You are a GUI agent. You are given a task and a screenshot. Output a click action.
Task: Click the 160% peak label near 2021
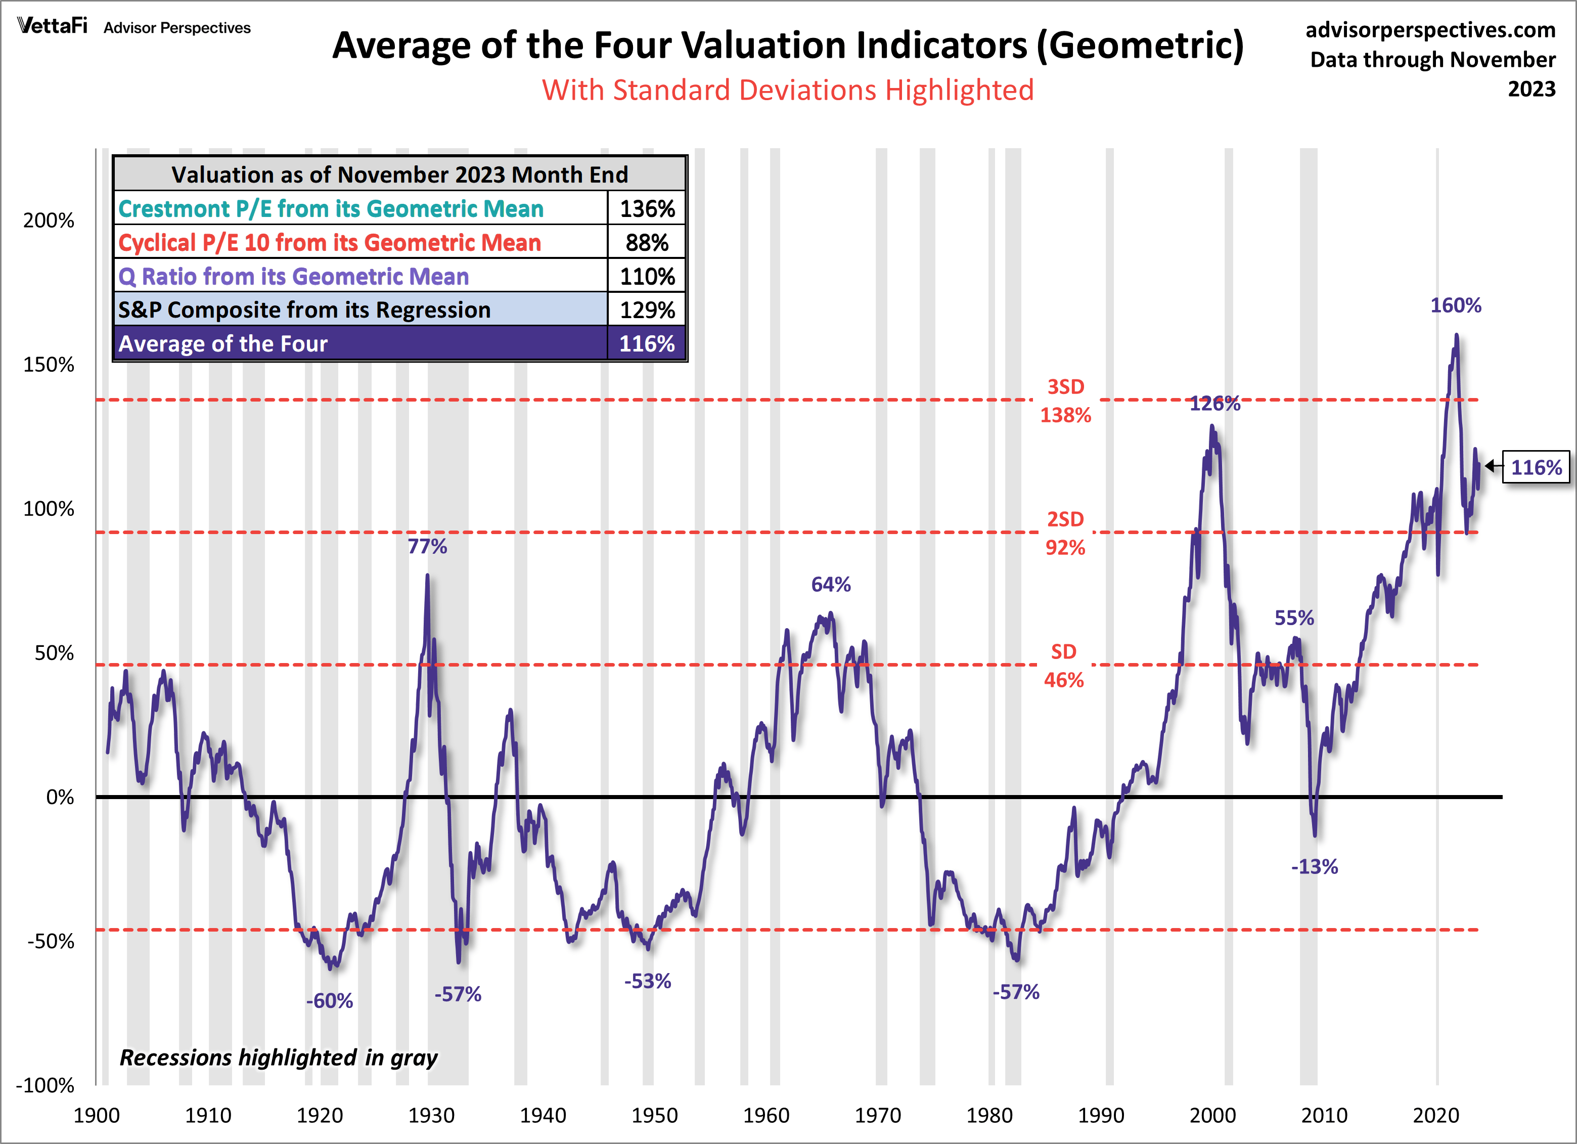click(1455, 305)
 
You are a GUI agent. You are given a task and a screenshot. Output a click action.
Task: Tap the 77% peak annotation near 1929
click(427, 547)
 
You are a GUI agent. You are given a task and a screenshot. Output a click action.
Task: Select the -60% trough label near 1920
click(330, 1001)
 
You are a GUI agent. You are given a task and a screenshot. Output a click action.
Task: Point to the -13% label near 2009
click(1314, 866)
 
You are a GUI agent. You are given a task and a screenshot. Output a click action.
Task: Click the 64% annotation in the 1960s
click(831, 584)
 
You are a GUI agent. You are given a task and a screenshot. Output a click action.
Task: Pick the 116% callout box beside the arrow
click(1536, 467)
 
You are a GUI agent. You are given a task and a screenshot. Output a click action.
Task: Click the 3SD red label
click(1065, 387)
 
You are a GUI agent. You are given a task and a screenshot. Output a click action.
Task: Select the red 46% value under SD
click(1064, 680)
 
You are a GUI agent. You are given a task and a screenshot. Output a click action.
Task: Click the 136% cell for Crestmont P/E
click(647, 209)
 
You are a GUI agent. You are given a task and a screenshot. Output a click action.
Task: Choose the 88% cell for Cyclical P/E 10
click(647, 243)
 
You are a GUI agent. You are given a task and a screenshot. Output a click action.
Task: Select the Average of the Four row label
click(222, 343)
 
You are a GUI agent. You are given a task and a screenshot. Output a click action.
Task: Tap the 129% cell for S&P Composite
click(647, 310)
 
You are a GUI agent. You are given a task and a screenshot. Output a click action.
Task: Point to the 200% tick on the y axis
click(49, 221)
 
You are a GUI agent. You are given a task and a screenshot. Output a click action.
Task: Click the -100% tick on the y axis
click(45, 1085)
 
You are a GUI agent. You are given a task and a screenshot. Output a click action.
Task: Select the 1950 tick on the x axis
click(654, 1116)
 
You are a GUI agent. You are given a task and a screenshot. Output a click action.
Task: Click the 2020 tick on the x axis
click(1436, 1116)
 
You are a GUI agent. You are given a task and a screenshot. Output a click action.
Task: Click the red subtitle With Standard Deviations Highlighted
click(788, 91)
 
